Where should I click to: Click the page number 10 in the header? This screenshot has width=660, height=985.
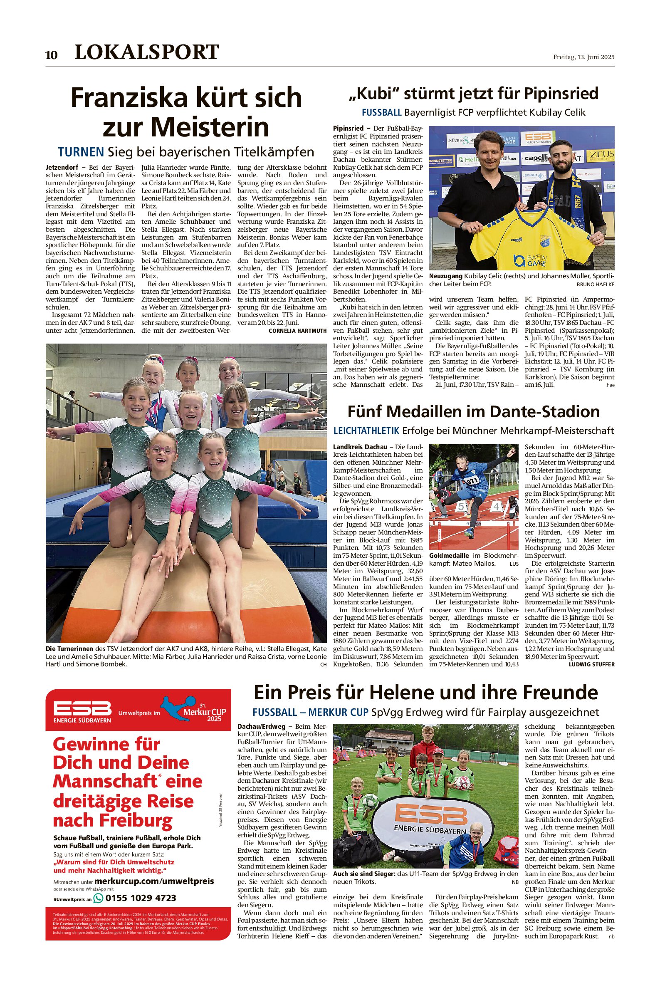click(x=51, y=55)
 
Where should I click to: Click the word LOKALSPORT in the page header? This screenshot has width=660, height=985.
click(x=146, y=52)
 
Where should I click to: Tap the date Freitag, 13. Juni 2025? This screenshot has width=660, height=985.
click(x=583, y=57)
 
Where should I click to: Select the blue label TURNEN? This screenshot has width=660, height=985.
click(x=81, y=151)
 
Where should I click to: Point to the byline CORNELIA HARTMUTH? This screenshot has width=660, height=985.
click(x=297, y=331)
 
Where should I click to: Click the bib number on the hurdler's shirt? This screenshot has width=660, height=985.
click(x=472, y=480)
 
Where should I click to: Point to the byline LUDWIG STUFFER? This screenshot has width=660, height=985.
click(x=591, y=664)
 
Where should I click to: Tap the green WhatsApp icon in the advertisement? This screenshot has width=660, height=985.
click(x=98, y=898)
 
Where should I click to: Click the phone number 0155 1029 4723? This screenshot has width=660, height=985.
click(x=141, y=898)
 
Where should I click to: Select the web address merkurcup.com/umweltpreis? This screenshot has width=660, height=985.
click(x=154, y=881)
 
